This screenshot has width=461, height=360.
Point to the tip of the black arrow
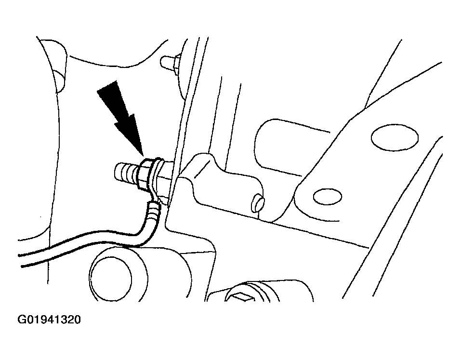143,156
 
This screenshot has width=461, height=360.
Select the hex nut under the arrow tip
145,175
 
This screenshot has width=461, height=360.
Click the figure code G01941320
49,320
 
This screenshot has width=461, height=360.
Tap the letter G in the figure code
22,320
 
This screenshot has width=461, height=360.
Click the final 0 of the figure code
78,320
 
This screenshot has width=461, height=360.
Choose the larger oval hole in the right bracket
395,137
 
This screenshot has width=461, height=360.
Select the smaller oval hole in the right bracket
327,197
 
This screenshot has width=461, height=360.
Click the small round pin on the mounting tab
258,203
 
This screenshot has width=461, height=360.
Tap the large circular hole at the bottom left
110,279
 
